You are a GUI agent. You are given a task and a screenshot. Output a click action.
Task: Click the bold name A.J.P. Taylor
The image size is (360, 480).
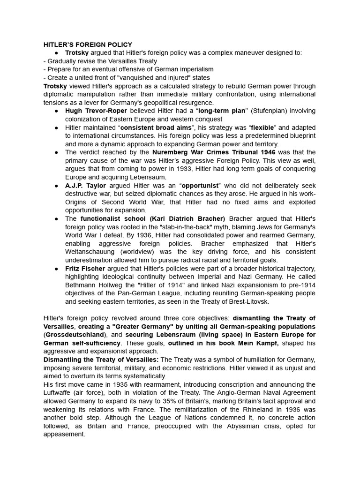[x=86, y=186]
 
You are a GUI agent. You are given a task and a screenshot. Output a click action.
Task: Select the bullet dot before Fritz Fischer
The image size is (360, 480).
[x=56, y=269]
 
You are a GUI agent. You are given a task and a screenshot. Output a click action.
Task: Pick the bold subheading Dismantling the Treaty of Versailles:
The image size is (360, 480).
[x=101, y=360]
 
